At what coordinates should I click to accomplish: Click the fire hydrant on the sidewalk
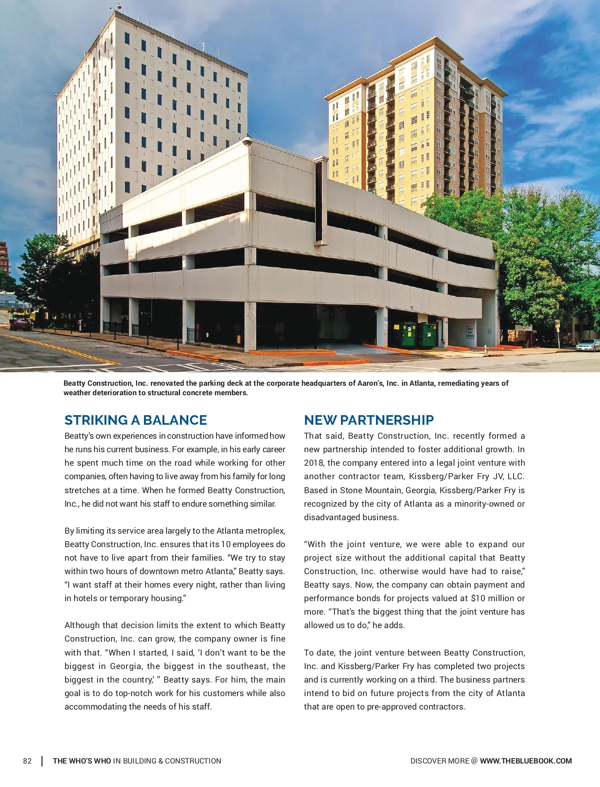(x=485, y=350)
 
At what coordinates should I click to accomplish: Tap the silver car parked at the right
(x=587, y=345)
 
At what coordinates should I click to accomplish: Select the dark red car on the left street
(x=20, y=325)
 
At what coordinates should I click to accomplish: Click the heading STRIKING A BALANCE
(x=135, y=420)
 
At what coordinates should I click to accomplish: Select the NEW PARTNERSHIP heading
(x=368, y=420)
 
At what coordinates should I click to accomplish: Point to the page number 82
(x=27, y=761)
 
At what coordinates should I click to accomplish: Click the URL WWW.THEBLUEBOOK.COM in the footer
(x=525, y=761)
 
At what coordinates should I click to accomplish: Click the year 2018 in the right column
(x=313, y=463)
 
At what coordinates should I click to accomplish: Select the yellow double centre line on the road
(x=60, y=348)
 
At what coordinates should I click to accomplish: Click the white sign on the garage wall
(x=470, y=332)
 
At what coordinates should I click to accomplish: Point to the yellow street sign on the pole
(x=557, y=324)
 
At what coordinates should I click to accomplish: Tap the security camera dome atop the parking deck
(x=247, y=141)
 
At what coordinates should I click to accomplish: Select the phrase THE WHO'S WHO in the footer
(x=82, y=761)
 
